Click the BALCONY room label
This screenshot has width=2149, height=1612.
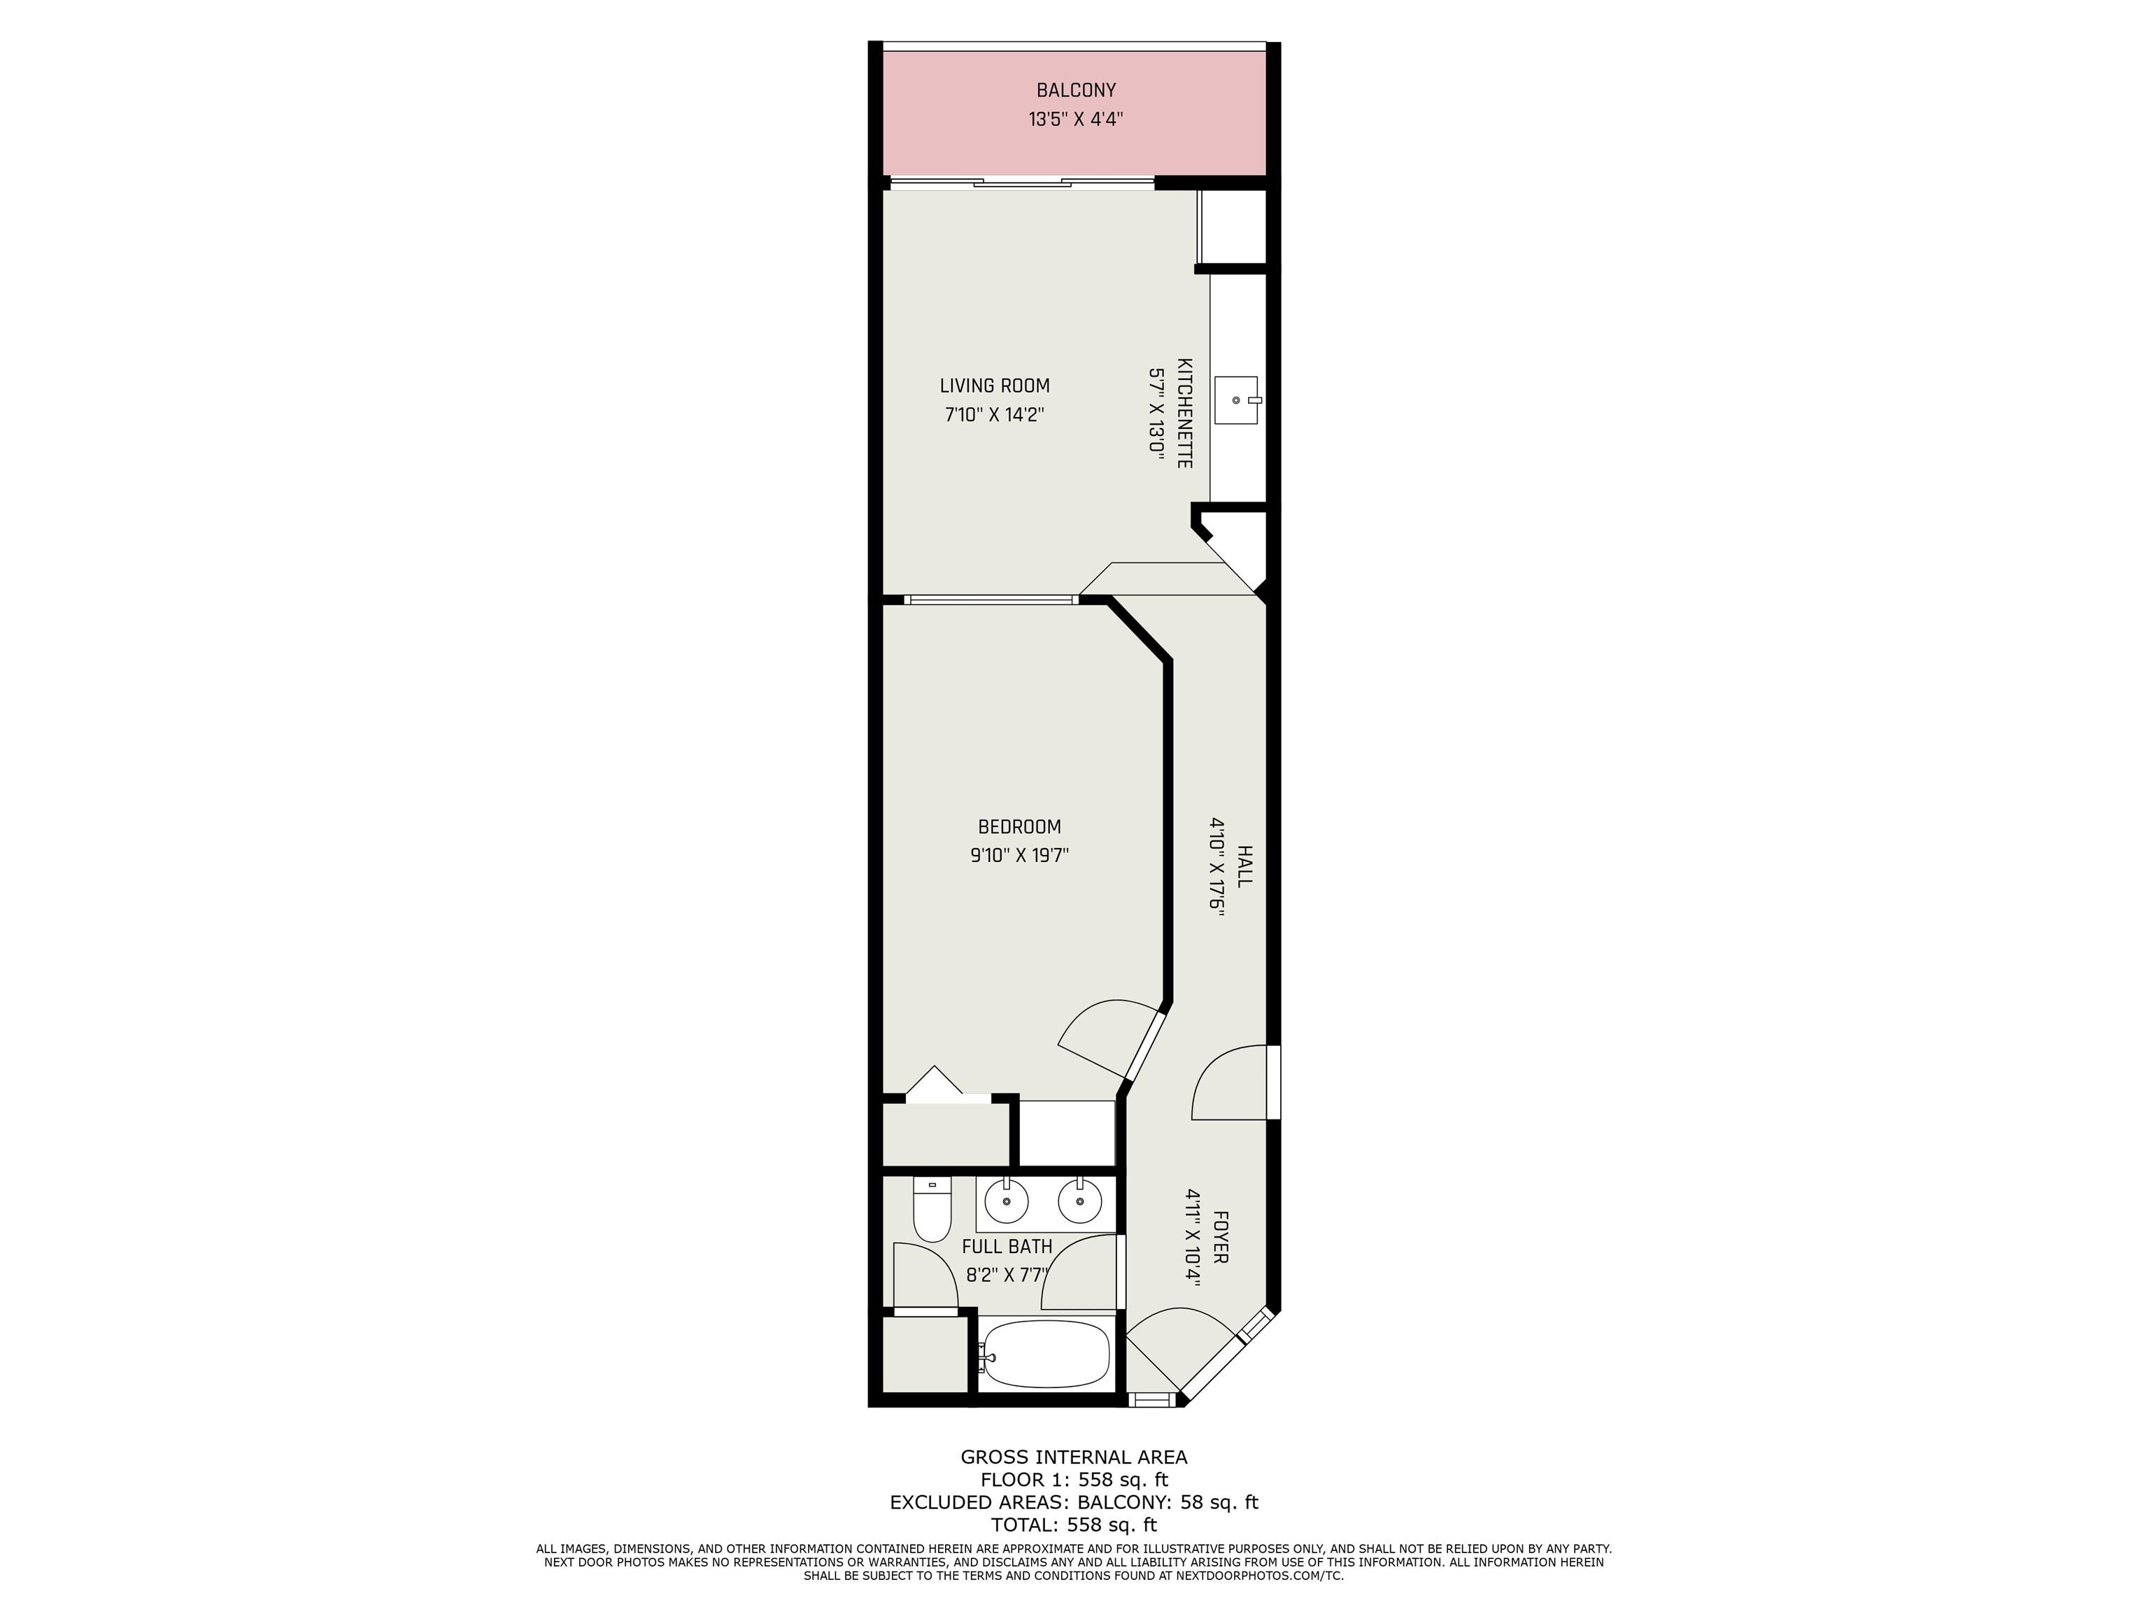point(1075,90)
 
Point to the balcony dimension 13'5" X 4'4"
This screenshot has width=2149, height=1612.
point(1075,120)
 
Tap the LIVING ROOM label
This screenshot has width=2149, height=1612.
point(995,386)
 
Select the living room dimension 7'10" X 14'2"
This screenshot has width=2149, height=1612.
point(995,415)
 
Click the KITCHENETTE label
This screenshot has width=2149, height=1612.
point(1185,413)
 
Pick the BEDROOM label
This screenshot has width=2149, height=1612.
point(1019,827)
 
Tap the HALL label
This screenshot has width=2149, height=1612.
point(1244,865)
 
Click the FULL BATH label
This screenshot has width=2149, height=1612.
point(1007,1247)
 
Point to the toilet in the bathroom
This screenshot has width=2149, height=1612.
point(932,1210)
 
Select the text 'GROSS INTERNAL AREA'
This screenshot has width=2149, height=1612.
point(1074,1457)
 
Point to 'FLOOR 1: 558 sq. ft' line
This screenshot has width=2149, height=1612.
point(1074,1480)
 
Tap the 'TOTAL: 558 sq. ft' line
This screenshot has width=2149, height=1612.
point(1074,1525)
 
